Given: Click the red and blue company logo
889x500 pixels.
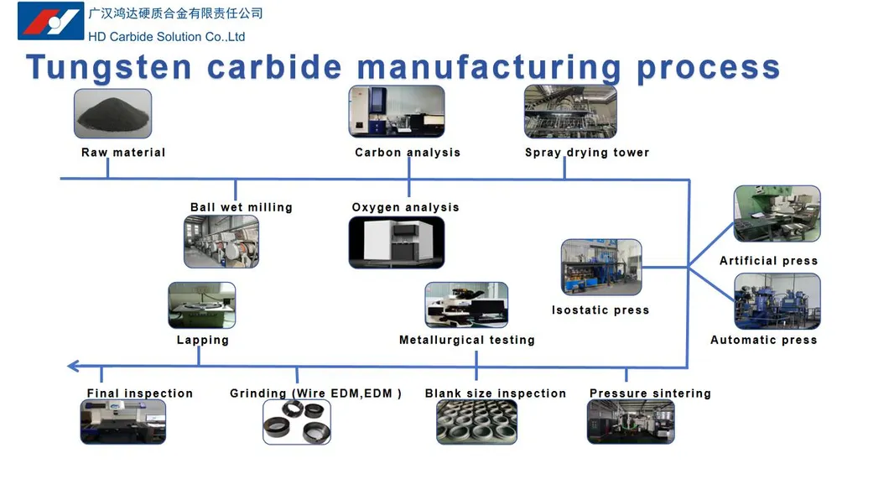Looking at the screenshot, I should (50, 21).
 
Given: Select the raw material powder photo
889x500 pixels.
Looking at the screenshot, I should (112, 113).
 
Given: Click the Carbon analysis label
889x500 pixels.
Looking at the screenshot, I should (408, 153).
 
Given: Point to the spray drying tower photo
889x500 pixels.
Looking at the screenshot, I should (570, 112).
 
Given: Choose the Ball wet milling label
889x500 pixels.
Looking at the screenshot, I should (242, 207).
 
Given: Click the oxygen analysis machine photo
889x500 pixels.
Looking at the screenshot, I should (396, 242).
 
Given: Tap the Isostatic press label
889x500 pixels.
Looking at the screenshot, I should (600, 310).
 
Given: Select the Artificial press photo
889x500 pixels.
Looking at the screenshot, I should (777, 215).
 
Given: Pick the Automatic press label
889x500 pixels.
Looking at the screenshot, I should (763, 340).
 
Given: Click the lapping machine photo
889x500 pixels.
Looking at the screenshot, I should (201, 305).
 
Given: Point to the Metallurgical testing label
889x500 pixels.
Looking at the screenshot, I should (467, 340).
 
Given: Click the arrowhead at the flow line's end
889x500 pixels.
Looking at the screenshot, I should (73, 366).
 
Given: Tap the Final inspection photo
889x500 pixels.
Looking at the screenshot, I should (122, 421).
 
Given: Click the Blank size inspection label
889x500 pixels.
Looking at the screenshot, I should (496, 393).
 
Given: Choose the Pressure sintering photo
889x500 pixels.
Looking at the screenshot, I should (631, 421).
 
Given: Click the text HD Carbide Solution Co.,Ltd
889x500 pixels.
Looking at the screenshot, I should (167, 37).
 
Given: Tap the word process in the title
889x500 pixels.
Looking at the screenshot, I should (708, 68).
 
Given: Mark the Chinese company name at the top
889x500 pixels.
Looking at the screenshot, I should (175, 13).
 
